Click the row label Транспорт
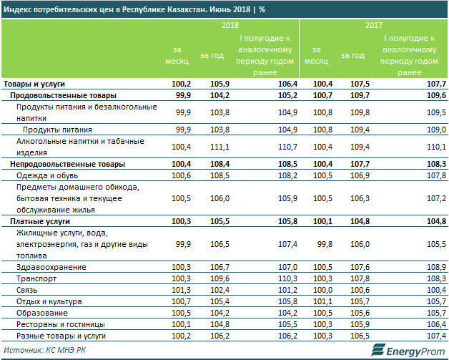tap(34, 278)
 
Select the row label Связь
tap(26, 290)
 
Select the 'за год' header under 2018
tap(211, 55)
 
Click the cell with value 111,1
tap(217, 146)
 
